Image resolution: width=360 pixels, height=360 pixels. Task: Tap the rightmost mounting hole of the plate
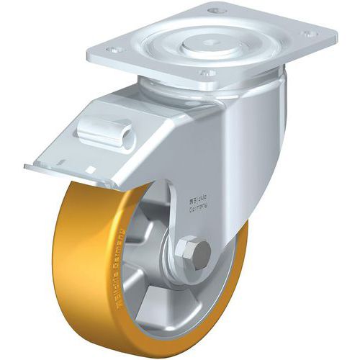[x=309, y=33]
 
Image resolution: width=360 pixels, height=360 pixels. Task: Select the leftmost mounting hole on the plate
[x=112, y=50]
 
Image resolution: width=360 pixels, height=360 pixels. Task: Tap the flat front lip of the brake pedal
[x=65, y=174]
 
